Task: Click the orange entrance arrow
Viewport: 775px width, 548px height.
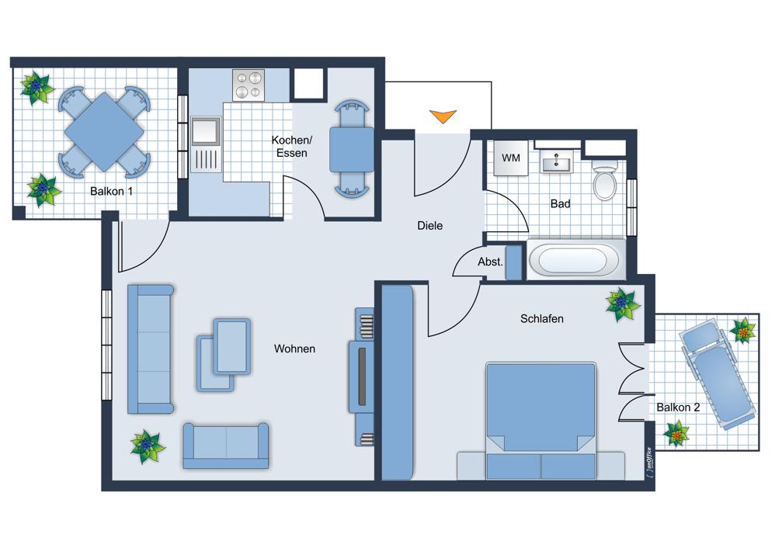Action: pos(443,116)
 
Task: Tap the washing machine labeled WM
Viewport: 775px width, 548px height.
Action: pos(511,158)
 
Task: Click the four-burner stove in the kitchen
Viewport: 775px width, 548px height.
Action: pos(248,85)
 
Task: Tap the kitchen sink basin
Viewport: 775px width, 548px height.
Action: pos(206,131)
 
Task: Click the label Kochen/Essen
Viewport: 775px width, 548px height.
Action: pos(292,147)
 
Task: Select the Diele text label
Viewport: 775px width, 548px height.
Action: pos(430,226)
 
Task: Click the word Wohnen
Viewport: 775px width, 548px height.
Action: pos(294,349)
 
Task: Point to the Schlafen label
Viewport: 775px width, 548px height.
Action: pos(542,319)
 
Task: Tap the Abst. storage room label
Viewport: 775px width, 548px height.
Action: pos(490,262)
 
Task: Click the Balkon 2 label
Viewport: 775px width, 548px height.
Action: pos(678,408)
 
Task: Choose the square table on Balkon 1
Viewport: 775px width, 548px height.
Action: pos(104,132)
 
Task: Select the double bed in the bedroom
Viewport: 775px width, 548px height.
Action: pos(540,421)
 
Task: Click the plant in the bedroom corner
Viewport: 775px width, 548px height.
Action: pos(623,304)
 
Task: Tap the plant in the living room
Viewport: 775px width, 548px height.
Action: pos(148,446)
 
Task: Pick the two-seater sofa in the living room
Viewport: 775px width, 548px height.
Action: pos(226,446)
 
